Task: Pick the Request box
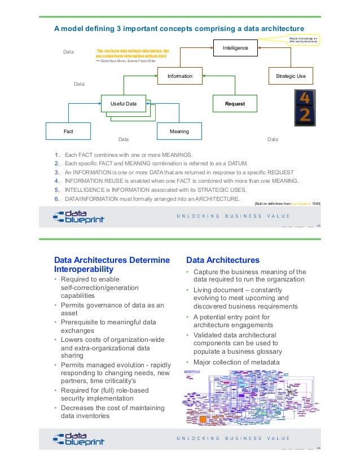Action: (x=235, y=104)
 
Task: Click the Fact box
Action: (x=68, y=131)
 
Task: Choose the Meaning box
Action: (x=179, y=131)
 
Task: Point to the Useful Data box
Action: (x=123, y=104)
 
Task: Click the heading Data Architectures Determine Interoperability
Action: (x=111, y=265)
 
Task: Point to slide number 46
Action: (x=318, y=449)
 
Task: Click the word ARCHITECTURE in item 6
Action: (x=217, y=199)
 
